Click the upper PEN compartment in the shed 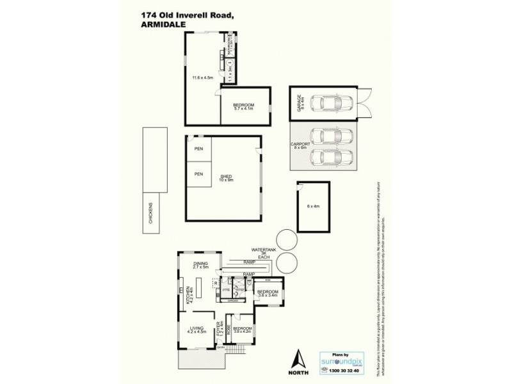198,150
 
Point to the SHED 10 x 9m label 224,179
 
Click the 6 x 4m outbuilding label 313,206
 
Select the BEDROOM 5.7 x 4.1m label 244,107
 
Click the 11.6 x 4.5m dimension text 202,79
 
